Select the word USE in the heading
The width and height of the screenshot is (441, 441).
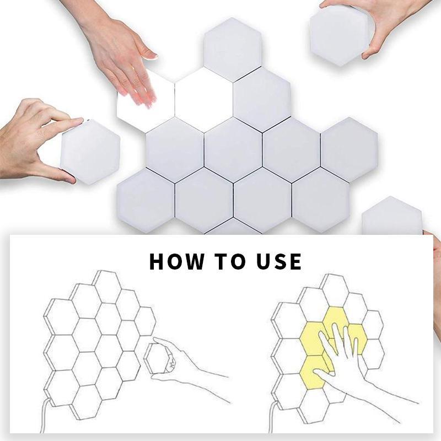coord(279,261)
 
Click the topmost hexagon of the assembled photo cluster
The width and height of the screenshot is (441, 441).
coord(233,50)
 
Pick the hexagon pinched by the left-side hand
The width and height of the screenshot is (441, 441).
coord(90,152)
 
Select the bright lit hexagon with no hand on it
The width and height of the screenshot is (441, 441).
coord(204,100)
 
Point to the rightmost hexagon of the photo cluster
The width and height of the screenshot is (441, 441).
coord(349,149)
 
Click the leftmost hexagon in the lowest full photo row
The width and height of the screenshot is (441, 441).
coord(146,200)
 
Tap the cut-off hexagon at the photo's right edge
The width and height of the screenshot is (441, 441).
coord(392,216)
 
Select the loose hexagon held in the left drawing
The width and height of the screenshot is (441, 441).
coord(158,358)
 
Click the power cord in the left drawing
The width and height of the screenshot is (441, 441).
coord(44,416)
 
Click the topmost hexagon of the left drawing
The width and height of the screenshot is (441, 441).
coord(107,287)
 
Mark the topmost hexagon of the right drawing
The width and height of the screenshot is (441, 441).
coord(336,291)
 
